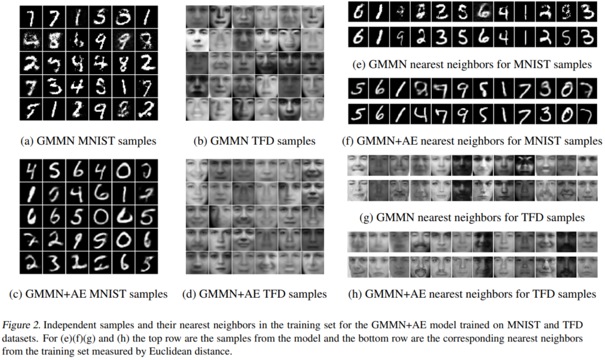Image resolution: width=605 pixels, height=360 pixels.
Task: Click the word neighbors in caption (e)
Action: click(462, 64)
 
